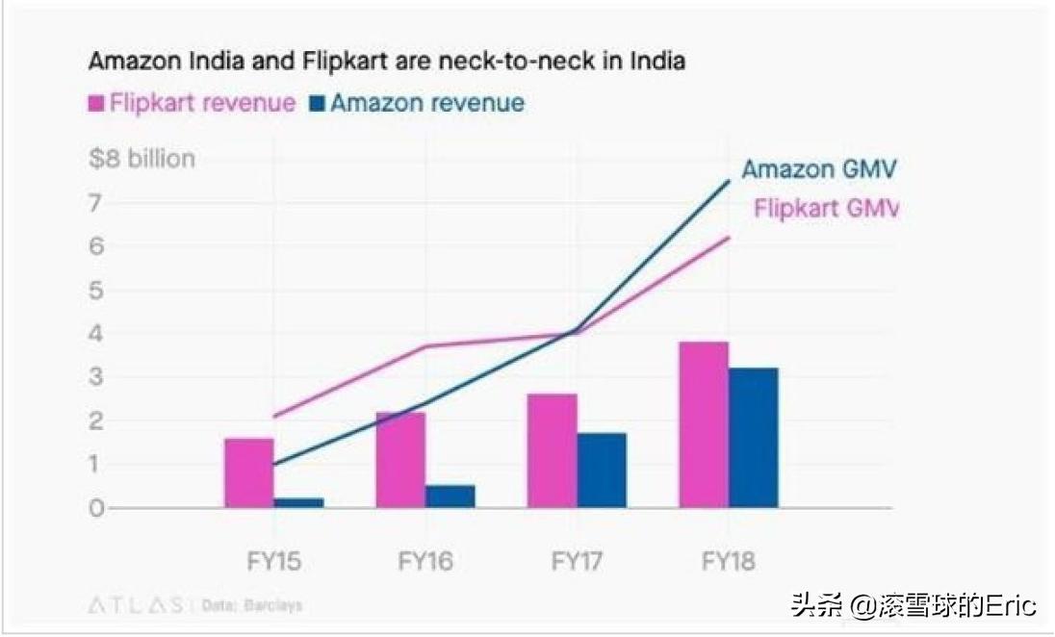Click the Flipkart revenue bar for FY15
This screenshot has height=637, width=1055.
(248, 472)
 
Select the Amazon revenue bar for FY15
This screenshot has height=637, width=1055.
(298, 502)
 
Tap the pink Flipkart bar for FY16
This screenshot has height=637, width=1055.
(400, 460)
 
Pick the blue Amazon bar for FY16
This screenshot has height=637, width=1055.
(450, 496)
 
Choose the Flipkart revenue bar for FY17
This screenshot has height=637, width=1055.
(553, 450)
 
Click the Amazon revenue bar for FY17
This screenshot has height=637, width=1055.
(602, 470)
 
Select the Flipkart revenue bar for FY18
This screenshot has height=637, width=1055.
(704, 424)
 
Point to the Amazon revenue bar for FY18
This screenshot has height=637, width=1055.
(754, 437)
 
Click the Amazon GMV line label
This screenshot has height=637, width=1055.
(819, 170)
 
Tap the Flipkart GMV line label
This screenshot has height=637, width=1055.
(825, 209)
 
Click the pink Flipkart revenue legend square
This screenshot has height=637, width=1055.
(96, 104)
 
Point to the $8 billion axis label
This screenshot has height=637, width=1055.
(142, 159)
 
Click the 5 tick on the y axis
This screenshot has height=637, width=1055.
(96, 291)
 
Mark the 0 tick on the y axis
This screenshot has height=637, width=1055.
(96, 508)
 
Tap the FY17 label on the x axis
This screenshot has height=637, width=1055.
(576, 560)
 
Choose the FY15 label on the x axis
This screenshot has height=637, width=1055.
(272, 560)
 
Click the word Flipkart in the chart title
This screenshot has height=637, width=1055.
(354, 62)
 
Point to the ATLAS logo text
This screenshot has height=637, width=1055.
(136, 606)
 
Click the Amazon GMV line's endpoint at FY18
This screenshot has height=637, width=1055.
(729, 181)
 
